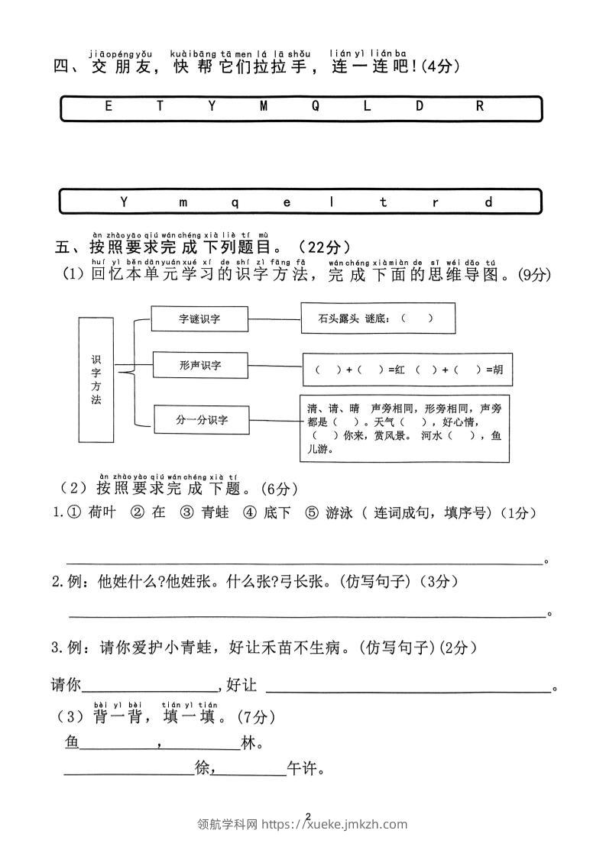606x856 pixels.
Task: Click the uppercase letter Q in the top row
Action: (x=315, y=107)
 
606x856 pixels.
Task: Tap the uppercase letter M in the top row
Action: (x=264, y=107)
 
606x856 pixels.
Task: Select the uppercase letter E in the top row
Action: (x=108, y=107)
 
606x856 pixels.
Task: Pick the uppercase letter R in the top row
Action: (x=480, y=107)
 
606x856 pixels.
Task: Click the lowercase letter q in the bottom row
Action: (x=235, y=202)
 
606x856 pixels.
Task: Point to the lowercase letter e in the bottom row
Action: (x=287, y=202)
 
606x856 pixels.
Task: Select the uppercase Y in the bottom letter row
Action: (x=125, y=202)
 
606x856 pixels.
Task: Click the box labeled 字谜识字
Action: (x=199, y=319)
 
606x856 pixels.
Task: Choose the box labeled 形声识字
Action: (x=199, y=365)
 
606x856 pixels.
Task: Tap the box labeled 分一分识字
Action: (x=202, y=419)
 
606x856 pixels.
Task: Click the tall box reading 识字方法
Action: (x=96, y=380)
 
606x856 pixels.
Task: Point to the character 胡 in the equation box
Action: (x=498, y=370)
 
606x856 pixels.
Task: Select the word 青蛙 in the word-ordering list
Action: (x=215, y=513)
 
